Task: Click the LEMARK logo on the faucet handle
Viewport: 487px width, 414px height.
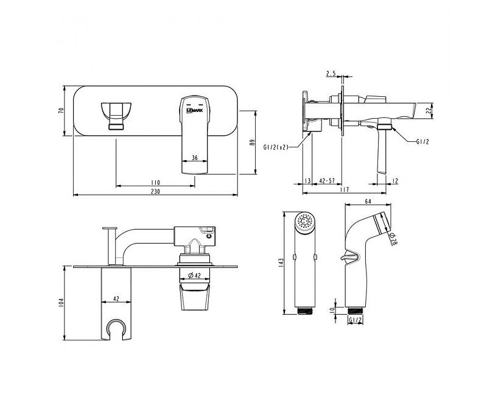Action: [x=194, y=110]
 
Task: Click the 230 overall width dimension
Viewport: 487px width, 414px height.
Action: [x=155, y=191]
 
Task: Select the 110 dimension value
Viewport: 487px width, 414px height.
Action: [x=155, y=183]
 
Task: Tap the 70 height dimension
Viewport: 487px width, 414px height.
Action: [x=61, y=111]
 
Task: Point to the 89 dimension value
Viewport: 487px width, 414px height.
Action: [x=253, y=142]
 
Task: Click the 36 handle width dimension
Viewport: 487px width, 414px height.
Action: [x=194, y=158]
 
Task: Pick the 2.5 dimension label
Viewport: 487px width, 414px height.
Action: [x=331, y=74]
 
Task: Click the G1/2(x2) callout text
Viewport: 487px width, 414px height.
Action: [x=276, y=147]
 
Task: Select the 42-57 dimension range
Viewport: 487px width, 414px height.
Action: [x=327, y=181]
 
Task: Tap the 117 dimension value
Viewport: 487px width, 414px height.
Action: [x=345, y=189]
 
